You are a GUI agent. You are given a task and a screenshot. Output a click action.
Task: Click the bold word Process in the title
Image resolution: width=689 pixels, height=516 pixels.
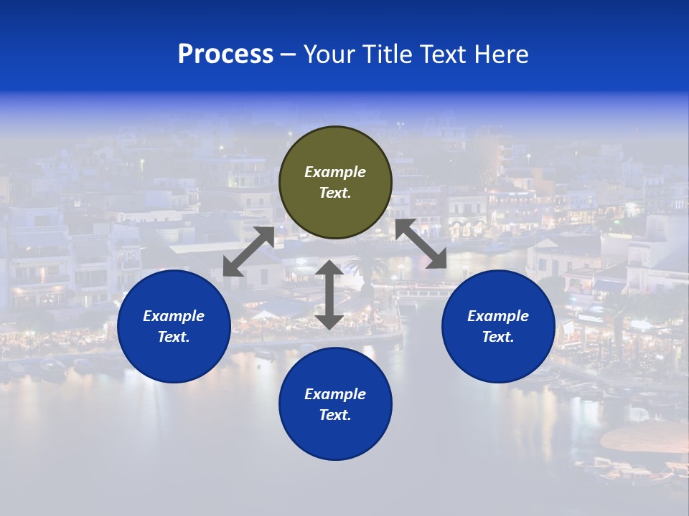(x=225, y=54)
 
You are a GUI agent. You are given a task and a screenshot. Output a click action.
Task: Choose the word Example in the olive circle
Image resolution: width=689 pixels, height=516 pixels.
(x=335, y=172)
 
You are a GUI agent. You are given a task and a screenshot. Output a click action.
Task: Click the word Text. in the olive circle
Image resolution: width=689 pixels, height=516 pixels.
(x=335, y=193)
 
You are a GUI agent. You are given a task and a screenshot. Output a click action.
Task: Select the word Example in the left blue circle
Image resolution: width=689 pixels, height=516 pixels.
(x=174, y=316)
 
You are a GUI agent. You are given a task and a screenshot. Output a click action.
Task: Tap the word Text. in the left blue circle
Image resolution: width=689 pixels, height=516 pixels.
(x=174, y=337)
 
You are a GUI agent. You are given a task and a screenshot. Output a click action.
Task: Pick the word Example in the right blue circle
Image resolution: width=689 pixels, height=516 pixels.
(x=498, y=316)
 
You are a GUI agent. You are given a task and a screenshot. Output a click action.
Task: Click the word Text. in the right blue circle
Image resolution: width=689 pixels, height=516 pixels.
(x=498, y=337)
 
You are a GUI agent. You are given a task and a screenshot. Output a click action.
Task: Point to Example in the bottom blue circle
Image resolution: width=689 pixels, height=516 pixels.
(x=335, y=394)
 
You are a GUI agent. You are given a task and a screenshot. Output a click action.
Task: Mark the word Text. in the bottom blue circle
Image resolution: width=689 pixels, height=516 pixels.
(x=335, y=415)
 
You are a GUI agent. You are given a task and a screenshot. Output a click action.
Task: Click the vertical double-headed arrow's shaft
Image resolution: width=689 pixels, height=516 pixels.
(x=329, y=295)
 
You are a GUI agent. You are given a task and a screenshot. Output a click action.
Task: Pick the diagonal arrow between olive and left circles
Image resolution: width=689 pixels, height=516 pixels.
(x=249, y=251)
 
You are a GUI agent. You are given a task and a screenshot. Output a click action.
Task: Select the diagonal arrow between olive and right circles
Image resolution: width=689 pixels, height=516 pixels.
(x=421, y=244)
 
